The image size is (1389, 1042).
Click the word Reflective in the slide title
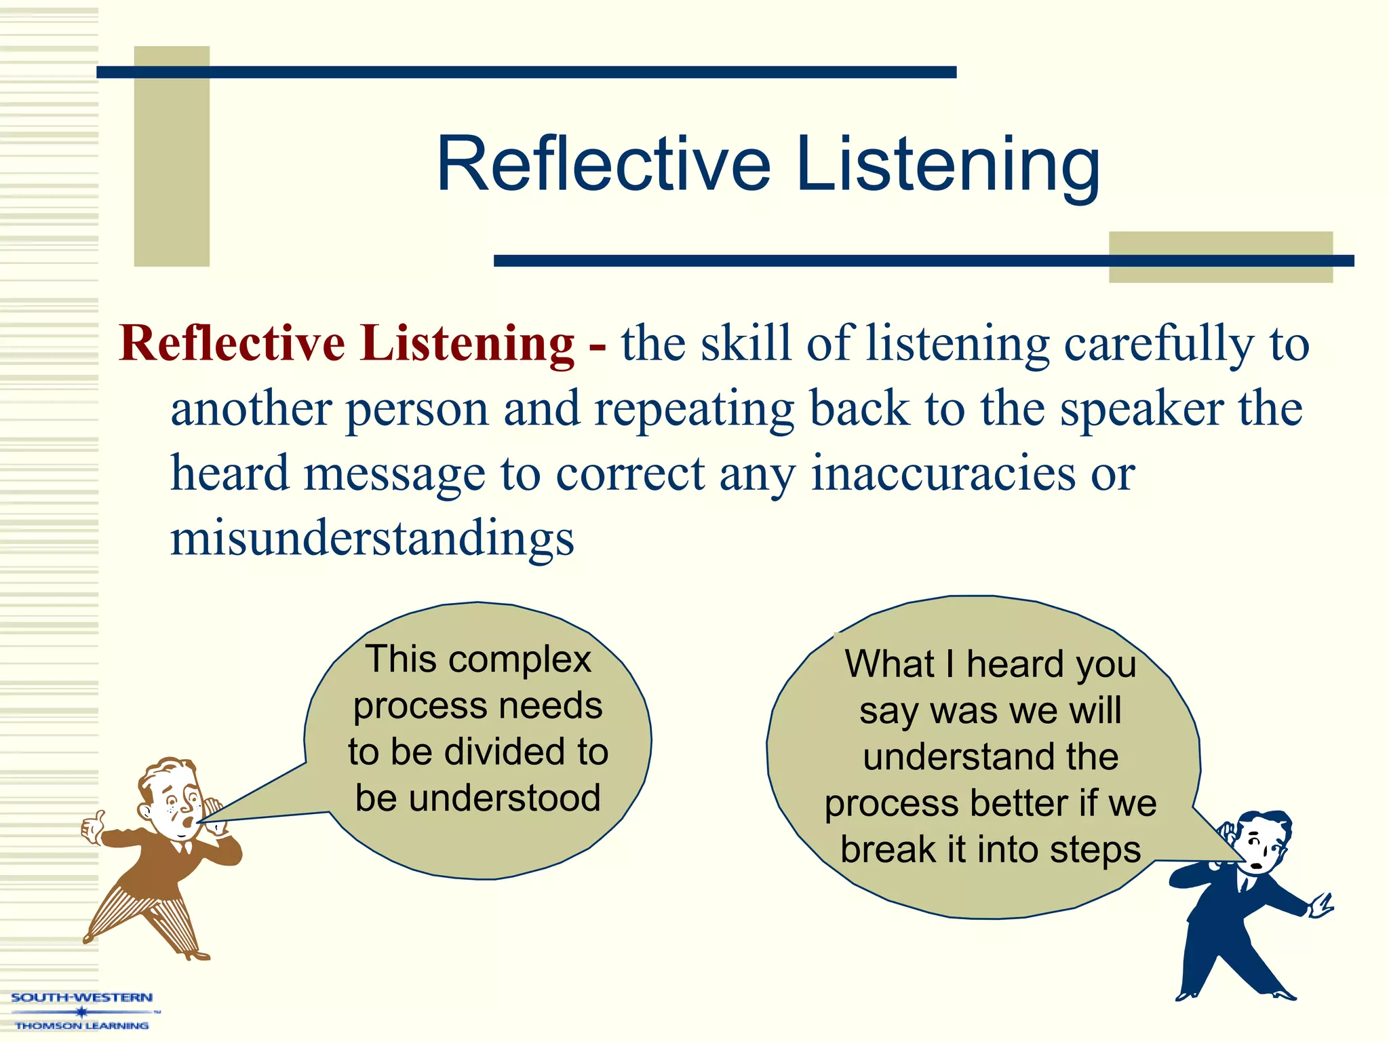604,164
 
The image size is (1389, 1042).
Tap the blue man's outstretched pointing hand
1321,906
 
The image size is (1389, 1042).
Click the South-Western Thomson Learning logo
81,1011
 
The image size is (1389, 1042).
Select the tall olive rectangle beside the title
172,156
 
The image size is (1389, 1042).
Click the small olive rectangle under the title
1220,256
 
